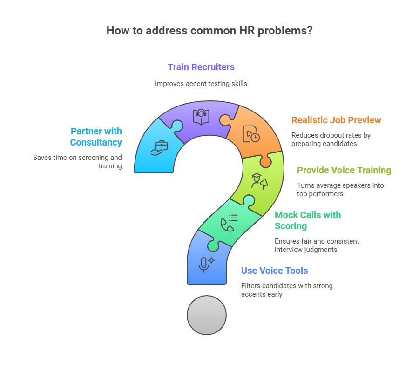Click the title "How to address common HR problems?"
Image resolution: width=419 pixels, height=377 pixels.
(209, 31)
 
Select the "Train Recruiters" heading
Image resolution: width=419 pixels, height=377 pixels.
(201, 67)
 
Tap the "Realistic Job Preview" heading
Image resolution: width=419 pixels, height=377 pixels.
(336, 120)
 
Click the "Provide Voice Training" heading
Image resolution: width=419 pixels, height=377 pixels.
(344, 170)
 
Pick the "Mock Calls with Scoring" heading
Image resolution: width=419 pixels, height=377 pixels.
(308, 220)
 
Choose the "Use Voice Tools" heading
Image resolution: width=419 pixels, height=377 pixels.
(274, 271)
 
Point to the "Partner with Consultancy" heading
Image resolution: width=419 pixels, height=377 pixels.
(96, 137)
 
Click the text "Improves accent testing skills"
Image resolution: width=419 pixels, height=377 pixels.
(201, 84)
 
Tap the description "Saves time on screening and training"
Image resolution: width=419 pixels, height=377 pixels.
(77, 162)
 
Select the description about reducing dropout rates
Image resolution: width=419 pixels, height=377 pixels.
(331, 139)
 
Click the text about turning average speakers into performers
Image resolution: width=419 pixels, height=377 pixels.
(340, 190)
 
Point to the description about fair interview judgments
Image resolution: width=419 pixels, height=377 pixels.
(317, 245)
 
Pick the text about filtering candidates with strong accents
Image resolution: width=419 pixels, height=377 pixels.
(287, 290)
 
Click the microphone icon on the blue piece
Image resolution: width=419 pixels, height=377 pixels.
(207, 265)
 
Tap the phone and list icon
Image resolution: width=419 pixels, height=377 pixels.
(229, 223)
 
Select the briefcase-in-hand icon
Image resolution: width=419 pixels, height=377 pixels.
(159, 148)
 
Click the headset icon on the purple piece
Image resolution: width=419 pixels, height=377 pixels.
(201, 117)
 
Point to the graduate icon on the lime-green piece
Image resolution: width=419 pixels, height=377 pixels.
(259, 181)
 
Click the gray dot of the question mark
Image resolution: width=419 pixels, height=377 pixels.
(207, 315)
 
